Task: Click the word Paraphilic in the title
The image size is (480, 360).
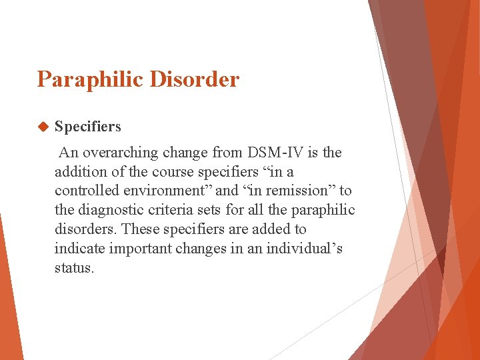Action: coord(91,80)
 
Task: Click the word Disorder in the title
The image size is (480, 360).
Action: coord(195,80)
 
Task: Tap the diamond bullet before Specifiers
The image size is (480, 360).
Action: coord(44,127)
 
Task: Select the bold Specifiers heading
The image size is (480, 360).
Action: coord(88,127)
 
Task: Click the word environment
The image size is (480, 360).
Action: coord(160,191)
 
